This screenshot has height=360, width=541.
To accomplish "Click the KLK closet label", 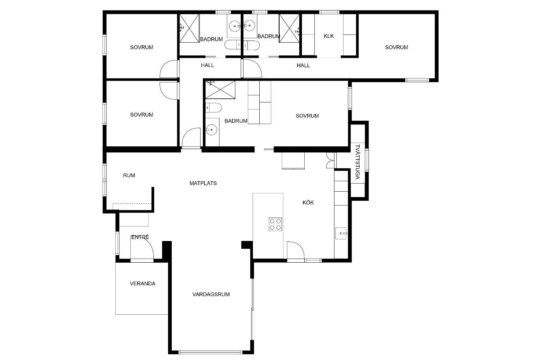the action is coord(329,36).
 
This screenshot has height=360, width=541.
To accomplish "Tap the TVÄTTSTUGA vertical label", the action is coord(358,162).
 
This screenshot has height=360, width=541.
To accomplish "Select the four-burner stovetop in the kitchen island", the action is coord(275,224).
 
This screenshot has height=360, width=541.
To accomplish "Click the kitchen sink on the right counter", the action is coord(341,233).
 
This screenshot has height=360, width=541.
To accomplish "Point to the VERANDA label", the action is coord(142,284).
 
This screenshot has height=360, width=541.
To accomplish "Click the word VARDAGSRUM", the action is coord(211,294).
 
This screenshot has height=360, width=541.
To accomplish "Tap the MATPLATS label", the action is coord(203,183).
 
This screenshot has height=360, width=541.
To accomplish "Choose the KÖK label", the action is coord(308,202).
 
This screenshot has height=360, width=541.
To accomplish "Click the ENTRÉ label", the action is coord(140,237).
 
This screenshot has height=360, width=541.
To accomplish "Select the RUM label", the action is coord(129,175).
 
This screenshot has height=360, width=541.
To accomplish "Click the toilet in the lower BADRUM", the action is coord(213,108).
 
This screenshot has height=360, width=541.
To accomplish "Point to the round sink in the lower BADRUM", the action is coord(212,130).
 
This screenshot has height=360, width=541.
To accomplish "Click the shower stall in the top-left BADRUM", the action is coord(189,28).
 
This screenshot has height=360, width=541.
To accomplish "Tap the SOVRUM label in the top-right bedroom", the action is coord(397,47).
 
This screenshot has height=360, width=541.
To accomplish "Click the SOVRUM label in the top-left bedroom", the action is coord(142,47).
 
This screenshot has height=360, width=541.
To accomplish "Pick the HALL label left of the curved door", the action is coord(208,65).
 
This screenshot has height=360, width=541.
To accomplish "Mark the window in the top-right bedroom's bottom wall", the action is coord(417,80).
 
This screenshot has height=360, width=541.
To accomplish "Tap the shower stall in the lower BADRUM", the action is coord(220,90).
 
